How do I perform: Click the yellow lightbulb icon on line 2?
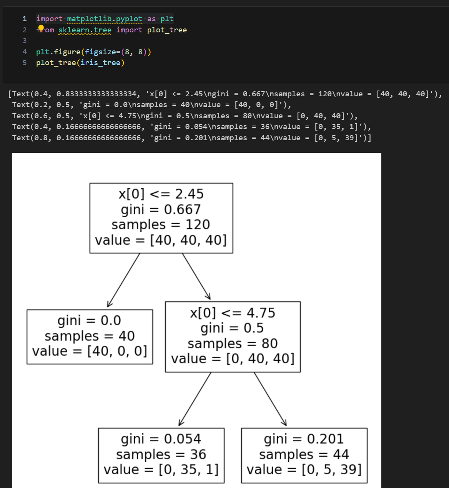tap(41, 28)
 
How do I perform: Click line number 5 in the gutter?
tap(25, 62)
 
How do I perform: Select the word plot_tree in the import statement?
tap(167, 30)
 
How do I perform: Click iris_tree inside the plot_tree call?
tap(100, 62)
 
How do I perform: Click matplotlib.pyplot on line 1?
tap(105, 19)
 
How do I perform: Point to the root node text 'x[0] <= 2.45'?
tap(161, 194)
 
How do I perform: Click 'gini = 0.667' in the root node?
tap(161, 210)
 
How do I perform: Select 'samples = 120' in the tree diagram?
tap(161, 225)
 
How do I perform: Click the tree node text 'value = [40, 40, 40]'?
tap(161, 240)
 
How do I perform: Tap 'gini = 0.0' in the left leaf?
tap(89, 320)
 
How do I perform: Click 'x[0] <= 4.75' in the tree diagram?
tap(233, 313)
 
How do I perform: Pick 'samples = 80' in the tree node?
tap(233, 343)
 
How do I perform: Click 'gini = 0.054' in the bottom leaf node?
tap(161, 439)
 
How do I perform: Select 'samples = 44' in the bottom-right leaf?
tap(304, 454)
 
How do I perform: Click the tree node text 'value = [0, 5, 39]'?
tap(304, 470)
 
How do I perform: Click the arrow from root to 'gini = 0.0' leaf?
tap(123, 280)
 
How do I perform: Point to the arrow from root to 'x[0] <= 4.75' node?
tap(196, 276)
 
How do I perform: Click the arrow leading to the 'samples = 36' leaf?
tap(195, 399)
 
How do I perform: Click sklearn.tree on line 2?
tap(85, 30)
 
